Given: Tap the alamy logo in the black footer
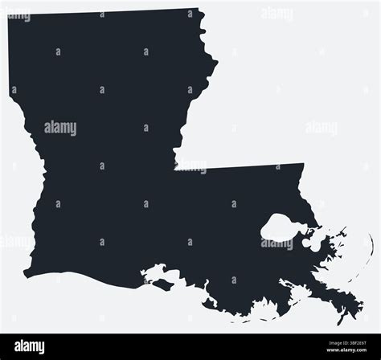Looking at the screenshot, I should (x=30, y=346).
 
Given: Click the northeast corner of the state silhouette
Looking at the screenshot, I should (x=199, y=10).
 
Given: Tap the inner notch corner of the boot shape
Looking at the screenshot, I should (x=175, y=169).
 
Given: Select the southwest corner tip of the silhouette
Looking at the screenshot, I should (x=25, y=274).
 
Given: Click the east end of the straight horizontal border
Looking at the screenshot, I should (x=304, y=165).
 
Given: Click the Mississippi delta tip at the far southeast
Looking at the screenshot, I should (x=341, y=321).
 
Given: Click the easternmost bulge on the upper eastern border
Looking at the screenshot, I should (x=216, y=63).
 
